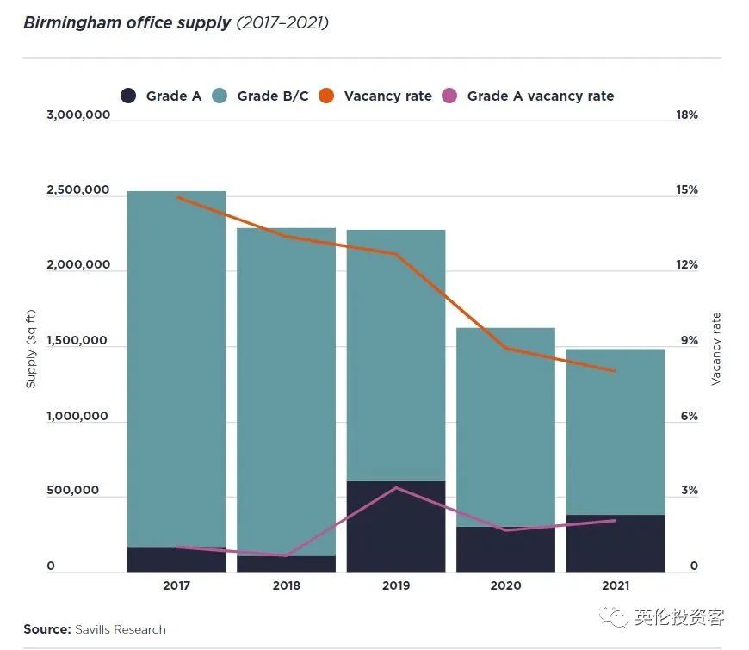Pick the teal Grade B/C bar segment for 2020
click(505, 422)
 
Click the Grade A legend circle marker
click(128, 96)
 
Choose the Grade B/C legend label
click(272, 96)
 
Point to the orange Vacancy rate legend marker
click(326, 96)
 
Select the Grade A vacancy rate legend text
click(540, 96)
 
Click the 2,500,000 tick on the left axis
click(77, 190)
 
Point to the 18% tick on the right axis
click(687, 115)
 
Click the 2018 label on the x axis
click(286, 585)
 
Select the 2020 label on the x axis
click(505, 585)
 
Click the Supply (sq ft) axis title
click(31, 350)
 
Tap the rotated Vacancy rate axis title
click(716, 348)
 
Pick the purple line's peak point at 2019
click(396, 488)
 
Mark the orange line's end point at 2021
click(615, 372)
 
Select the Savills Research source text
click(120, 629)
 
